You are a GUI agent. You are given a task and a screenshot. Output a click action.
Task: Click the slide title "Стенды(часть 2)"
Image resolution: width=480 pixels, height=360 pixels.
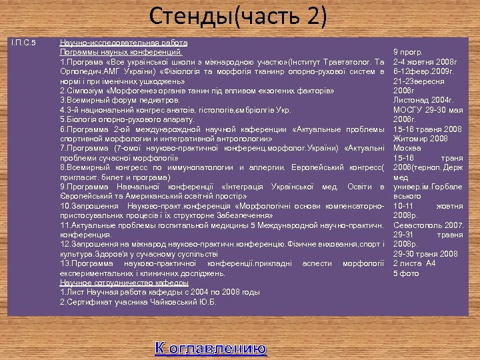(239, 16)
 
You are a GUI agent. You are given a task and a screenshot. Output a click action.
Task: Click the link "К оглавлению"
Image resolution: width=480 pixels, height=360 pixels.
(211, 348)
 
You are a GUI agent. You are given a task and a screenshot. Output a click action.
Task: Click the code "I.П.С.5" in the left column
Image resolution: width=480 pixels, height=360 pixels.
(23, 43)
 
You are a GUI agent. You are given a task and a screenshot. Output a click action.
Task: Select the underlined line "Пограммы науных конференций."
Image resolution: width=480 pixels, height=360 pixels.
(120, 51)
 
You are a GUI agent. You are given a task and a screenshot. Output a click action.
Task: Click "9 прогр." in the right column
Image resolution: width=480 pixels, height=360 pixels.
(408, 51)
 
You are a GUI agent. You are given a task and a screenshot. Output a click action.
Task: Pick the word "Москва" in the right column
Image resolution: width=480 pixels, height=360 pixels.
(407, 148)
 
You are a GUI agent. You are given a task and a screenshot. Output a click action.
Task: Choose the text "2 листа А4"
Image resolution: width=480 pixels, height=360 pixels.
(414, 263)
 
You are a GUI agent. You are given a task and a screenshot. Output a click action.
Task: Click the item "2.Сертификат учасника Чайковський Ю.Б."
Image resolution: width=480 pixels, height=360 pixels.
(138, 302)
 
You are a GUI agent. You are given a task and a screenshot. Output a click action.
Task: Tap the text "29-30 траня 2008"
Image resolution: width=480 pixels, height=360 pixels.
(425, 254)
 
